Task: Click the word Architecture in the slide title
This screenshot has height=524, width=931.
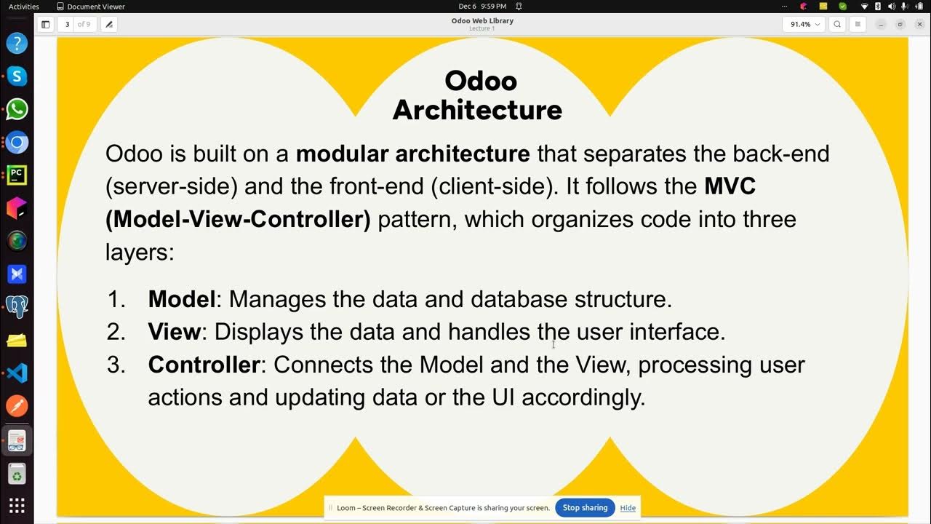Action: coord(477,110)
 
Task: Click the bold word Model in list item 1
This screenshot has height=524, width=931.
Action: coord(181,299)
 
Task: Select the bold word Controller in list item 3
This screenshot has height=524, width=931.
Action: coord(204,365)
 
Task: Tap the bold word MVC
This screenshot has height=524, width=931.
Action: coord(730,186)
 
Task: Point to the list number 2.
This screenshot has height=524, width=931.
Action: coord(116,332)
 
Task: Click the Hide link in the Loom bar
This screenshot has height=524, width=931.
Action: coord(628,508)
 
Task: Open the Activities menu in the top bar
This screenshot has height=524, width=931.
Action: coord(24,7)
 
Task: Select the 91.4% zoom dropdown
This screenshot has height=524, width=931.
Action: coord(804,24)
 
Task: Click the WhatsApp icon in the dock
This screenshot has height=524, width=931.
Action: coord(17,109)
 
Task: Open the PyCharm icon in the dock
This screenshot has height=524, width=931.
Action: coord(17,175)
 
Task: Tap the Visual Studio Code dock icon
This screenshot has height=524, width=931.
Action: coord(17,373)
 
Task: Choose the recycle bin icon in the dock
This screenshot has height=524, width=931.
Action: coord(17,475)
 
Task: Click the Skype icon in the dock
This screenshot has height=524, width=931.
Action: coord(17,76)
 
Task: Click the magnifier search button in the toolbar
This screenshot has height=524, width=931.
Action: coord(837,24)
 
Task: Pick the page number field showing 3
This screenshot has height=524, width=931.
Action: coord(67,24)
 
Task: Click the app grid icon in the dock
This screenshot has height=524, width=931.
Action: coord(17,506)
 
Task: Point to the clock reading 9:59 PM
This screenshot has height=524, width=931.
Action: coord(493,7)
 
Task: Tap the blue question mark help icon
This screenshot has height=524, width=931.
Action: coord(17,43)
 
